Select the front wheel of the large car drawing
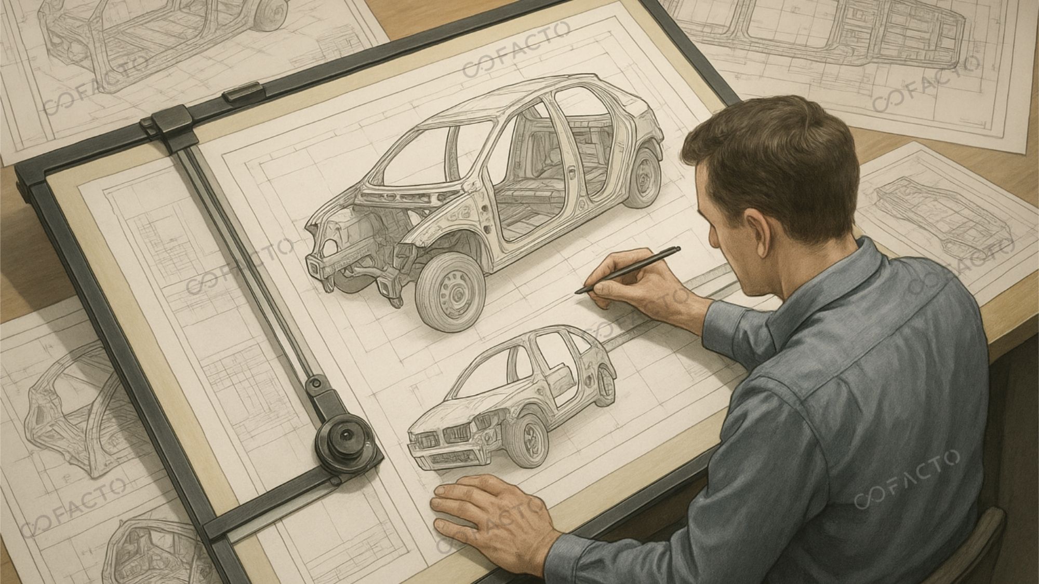point(450,293)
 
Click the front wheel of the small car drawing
point(530,439)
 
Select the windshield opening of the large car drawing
point(413,151)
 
